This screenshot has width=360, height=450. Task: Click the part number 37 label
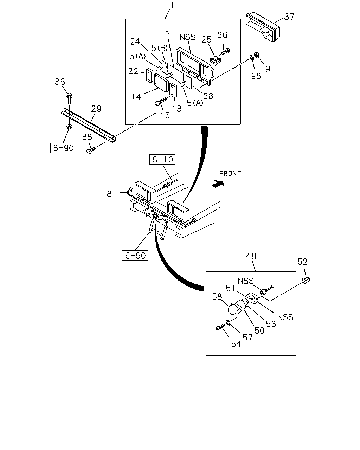[289, 17]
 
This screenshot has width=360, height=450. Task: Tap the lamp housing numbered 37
[263, 27]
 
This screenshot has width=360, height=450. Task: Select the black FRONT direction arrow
[218, 184]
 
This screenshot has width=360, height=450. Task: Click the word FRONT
[230, 174]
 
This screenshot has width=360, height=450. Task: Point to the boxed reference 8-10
[162, 159]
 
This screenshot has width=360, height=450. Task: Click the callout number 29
[96, 109]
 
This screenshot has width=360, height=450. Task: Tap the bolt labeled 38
[91, 150]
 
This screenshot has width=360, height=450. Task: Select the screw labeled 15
[161, 101]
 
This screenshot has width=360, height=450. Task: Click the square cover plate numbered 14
[161, 83]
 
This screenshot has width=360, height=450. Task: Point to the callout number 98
[256, 76]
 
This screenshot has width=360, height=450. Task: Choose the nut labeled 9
[256, 54]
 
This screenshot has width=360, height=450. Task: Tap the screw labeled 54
[220, 328]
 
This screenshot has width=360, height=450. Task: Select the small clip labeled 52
[306, 280]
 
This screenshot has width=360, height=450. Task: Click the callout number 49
[251, 256]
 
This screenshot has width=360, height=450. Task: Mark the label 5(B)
[159, 48]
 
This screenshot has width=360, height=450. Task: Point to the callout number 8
[109, 194]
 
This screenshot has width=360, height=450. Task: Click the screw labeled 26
[226, 51]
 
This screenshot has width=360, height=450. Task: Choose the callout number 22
[133, 71]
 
